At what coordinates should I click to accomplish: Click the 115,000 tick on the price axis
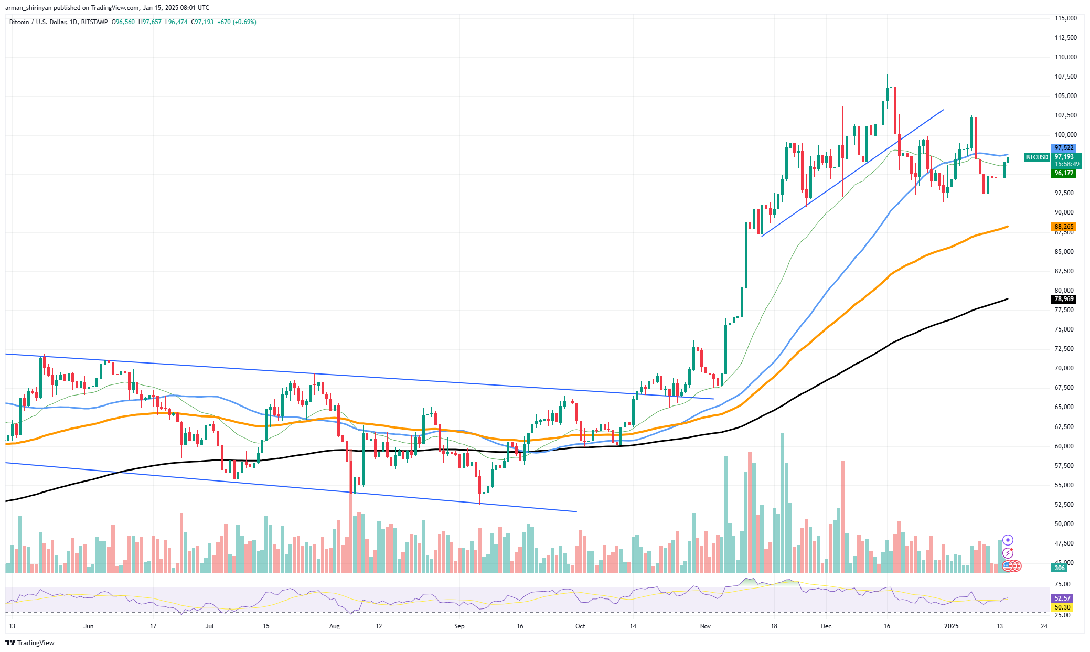click(1066, 18)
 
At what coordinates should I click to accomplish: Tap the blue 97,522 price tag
click(1063, 148)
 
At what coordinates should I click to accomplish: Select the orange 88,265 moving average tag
click(1063, 227)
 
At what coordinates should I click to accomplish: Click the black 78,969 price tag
click(1063, 299)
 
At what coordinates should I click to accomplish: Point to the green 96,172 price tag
click(1063, 173)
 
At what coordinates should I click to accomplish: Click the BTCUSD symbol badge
click(1036, 157)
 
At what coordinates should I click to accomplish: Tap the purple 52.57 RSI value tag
click(1062, 598)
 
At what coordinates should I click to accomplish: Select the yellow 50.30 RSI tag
click(1062, 607)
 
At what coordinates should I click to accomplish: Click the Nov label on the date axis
click(705, 626)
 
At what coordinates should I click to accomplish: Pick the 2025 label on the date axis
click(951, 626)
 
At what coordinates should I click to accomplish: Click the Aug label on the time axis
click(334, 626)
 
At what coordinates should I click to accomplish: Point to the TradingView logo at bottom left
click(30, 643)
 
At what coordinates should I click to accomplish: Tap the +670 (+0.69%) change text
click(237, 22)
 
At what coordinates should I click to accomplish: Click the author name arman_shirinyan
click(28, 8)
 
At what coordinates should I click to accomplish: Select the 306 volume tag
click(1060, 568)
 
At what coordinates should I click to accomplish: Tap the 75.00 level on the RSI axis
click(1062, 584)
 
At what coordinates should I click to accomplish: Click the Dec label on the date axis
click(826, 626)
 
